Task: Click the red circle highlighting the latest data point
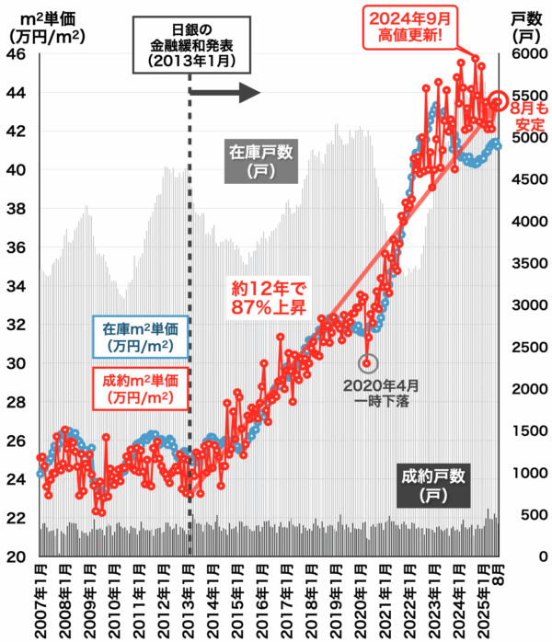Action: (x=500, y=101)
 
